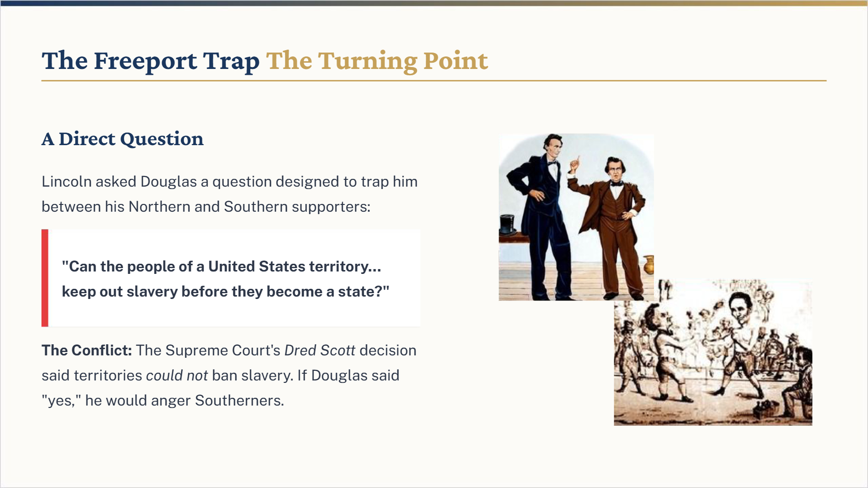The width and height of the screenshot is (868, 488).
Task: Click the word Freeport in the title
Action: click(x=145, y=61)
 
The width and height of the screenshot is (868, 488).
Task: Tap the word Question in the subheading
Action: click(x=162, y=139)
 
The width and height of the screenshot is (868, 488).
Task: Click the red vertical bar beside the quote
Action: click(x=45, y=278)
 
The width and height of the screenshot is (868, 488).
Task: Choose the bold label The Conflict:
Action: click(x=87, y=350)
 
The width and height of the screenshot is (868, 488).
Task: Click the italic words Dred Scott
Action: click(x=320, y=350)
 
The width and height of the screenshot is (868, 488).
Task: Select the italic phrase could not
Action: click(x=177, y=375)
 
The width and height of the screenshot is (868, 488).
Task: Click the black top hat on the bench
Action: click(x=507, y=224)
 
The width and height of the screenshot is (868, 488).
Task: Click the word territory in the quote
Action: click(x=345, y=267)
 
